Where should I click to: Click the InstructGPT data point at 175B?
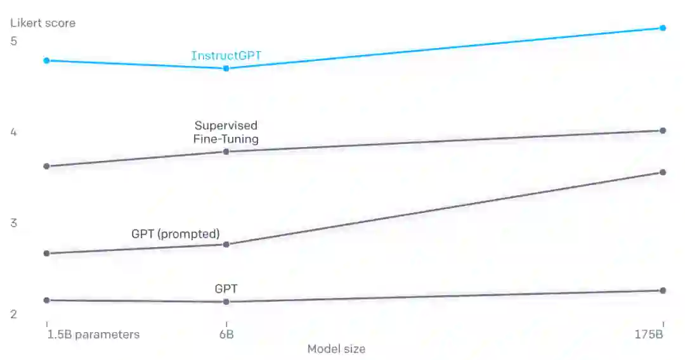coord(663,28)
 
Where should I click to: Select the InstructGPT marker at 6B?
coord(226,68)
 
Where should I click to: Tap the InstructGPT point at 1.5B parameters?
coord(46,60)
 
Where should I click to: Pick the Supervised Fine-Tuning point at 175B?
coord(663,131)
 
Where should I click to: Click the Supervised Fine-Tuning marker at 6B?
coord(226,151)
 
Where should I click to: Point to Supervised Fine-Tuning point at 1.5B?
coord(46,166)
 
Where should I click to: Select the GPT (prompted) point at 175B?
coord(663,172)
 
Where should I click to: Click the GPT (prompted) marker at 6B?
coord(226,245)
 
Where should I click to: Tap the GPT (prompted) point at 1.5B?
coord(46,254)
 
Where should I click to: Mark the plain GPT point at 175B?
coord(663,290)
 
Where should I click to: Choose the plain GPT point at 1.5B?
coord(46,300)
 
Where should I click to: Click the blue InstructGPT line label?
coord(226,56)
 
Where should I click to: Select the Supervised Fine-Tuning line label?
coord(226,132)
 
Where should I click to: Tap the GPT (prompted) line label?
coord(176,233)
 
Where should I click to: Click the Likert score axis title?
coord(42,23)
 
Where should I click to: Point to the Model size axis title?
coord(336,349)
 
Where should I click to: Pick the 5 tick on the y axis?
coord(14,41)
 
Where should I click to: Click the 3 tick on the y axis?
coord(14,223)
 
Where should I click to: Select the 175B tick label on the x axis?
coord(649,335)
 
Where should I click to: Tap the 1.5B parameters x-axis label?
coord(93,335)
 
